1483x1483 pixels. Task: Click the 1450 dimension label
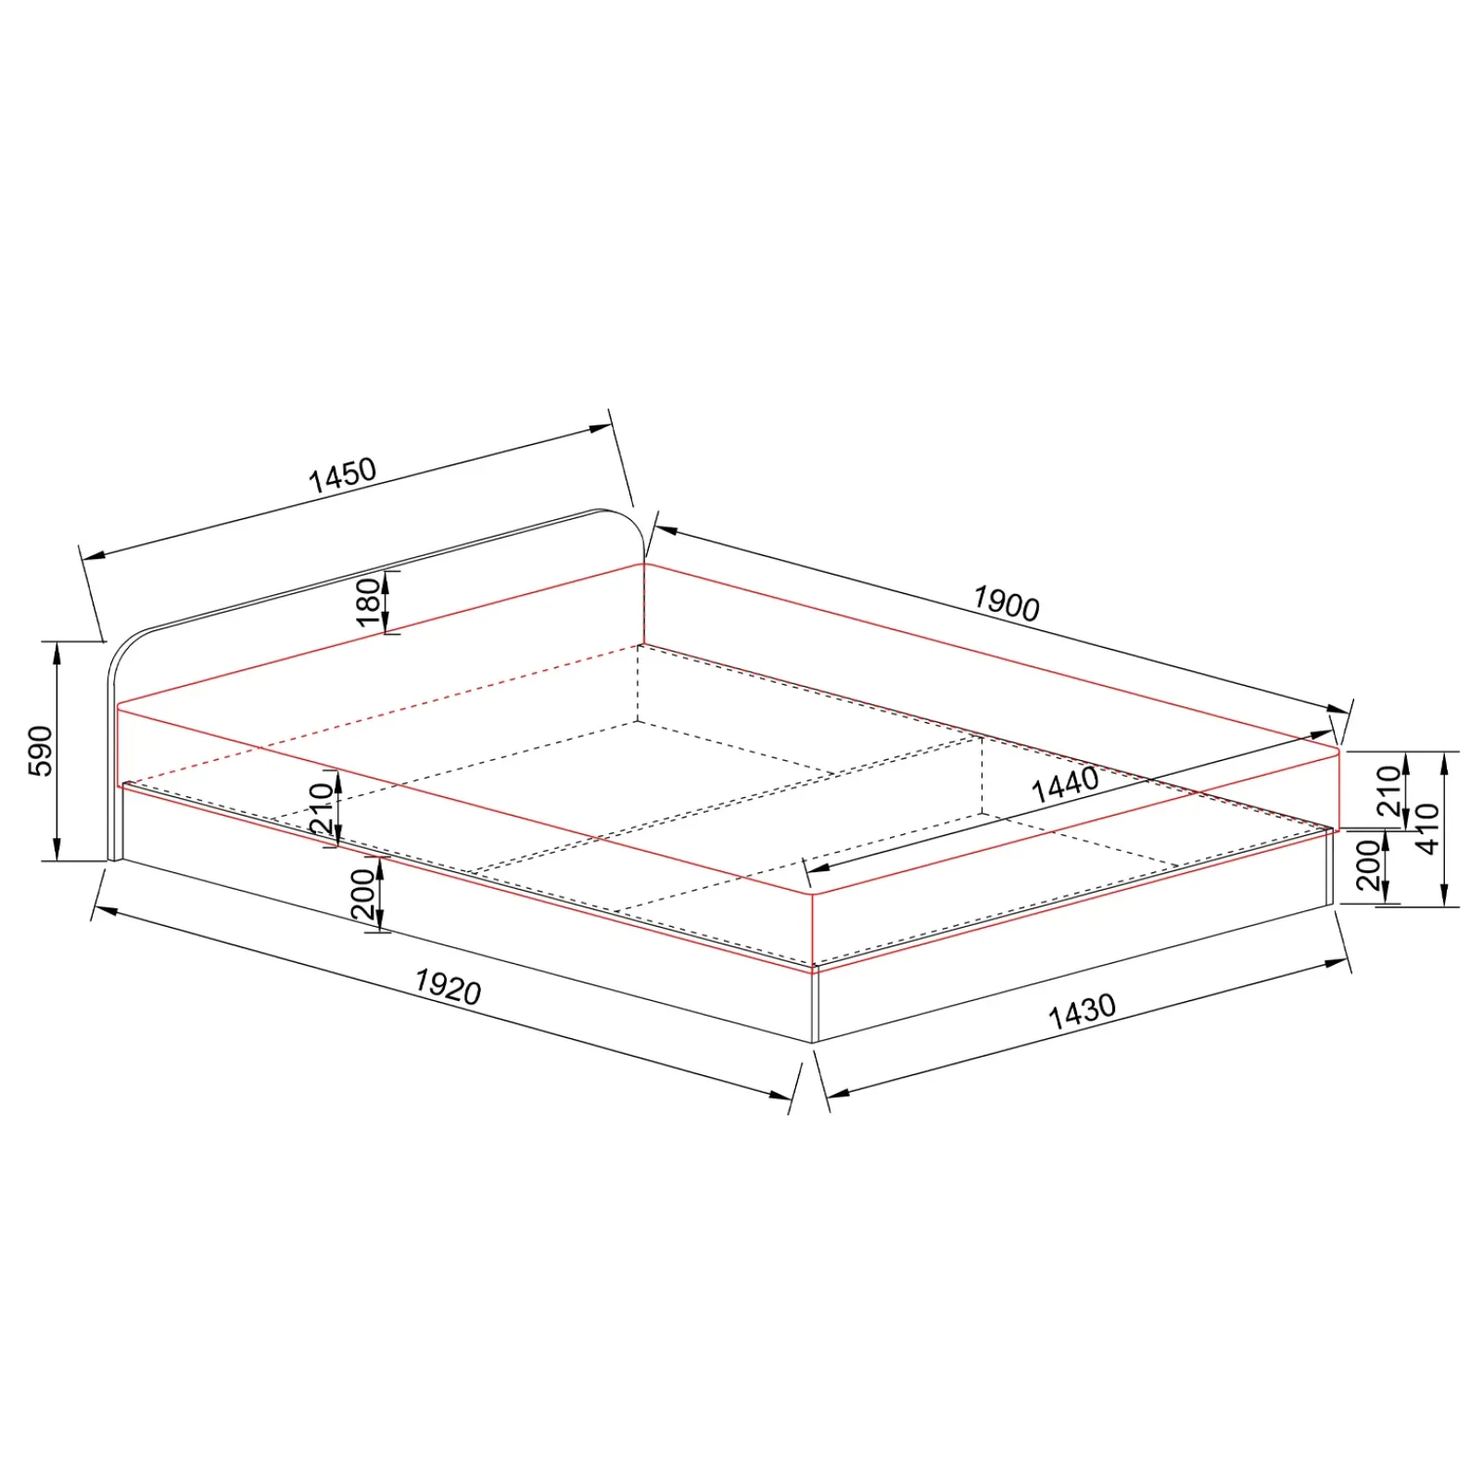pos(342,475)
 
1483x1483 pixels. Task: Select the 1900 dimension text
pos(1006,603)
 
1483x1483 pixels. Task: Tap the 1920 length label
pos(448,987)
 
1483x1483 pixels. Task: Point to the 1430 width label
pos(1082,1012)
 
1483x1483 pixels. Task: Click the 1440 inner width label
pos(1065,785)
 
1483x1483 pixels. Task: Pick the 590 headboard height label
pos(41,751)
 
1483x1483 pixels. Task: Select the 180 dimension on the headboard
pos(369,602)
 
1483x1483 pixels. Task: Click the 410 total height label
pos(1427,828)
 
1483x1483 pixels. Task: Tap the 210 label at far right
pos(1388,790)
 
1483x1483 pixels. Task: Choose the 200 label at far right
pos(1368,865)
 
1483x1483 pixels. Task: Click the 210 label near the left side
pos(321,808)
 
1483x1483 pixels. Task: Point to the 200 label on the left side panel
pos(362,894)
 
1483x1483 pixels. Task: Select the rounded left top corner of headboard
pos(127,645)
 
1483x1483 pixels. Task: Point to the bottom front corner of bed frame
pos(814,1042)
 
